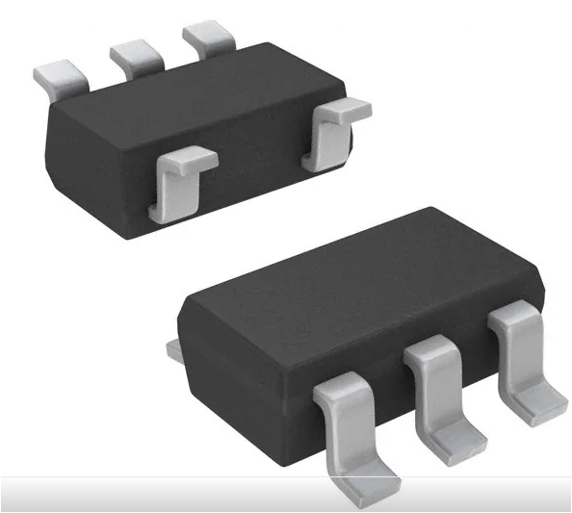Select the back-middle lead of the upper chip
(134, 57)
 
